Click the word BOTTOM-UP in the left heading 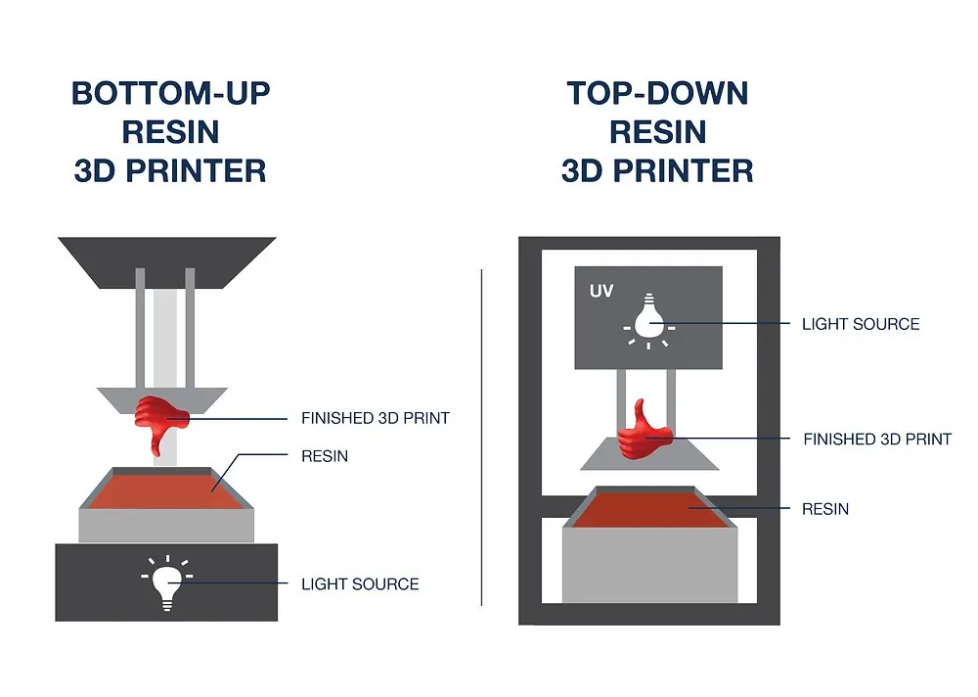(x=170, y=94)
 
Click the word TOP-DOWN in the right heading (x=657, y=94)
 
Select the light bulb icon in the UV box (x=647, y=322)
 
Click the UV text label (x=601, y=293)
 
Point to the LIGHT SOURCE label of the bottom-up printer (x=360, y=584)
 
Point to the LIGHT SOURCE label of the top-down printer (x=861, y=324)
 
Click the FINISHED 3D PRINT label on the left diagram (x=375, y=418)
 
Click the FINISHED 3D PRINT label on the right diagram (x=877, y=440)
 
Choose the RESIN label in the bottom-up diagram (x=325, y=456)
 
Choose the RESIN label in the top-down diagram (x=825, y=509)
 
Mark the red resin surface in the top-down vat (x=649, y=512)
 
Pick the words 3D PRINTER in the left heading (x=170, y=171)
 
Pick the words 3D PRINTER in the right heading (x=657, y=171)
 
